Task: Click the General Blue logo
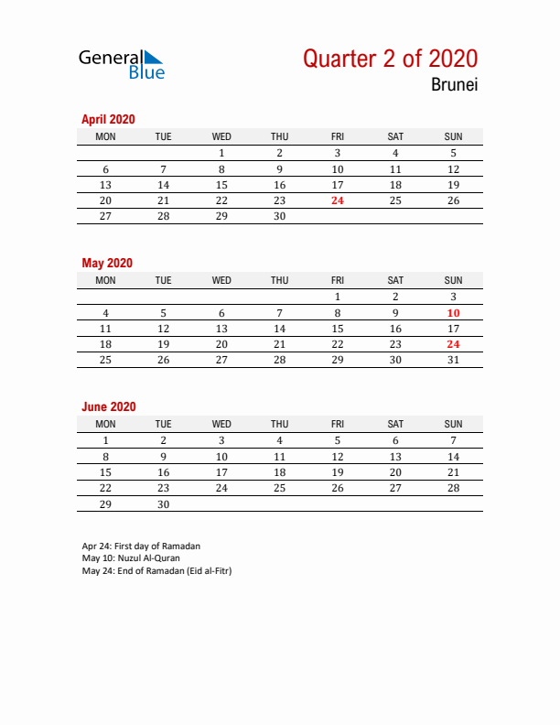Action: (x=122, y=64)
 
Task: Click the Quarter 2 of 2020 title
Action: (x=390, y=60)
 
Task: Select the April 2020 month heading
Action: (x=108, y=119)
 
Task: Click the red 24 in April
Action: (x=338, y=201)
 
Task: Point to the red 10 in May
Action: (x=453, y=313)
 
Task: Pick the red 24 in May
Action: (x=453, y=345)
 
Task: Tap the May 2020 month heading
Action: (x=107, y=263)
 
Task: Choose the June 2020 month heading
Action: (x=108, y=406)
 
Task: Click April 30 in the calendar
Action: (x=279, y=217)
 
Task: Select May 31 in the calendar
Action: (x=453, y=361)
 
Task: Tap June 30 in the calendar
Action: (x=164, y=504)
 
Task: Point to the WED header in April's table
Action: (x=221, y=136)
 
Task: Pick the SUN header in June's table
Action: (x=453, y=424)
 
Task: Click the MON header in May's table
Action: (x=106, y=280)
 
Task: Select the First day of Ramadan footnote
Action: (x=141, y=546)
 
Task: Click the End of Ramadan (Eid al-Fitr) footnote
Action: (x=156, y=570)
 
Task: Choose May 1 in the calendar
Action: (x=338, y=297)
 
